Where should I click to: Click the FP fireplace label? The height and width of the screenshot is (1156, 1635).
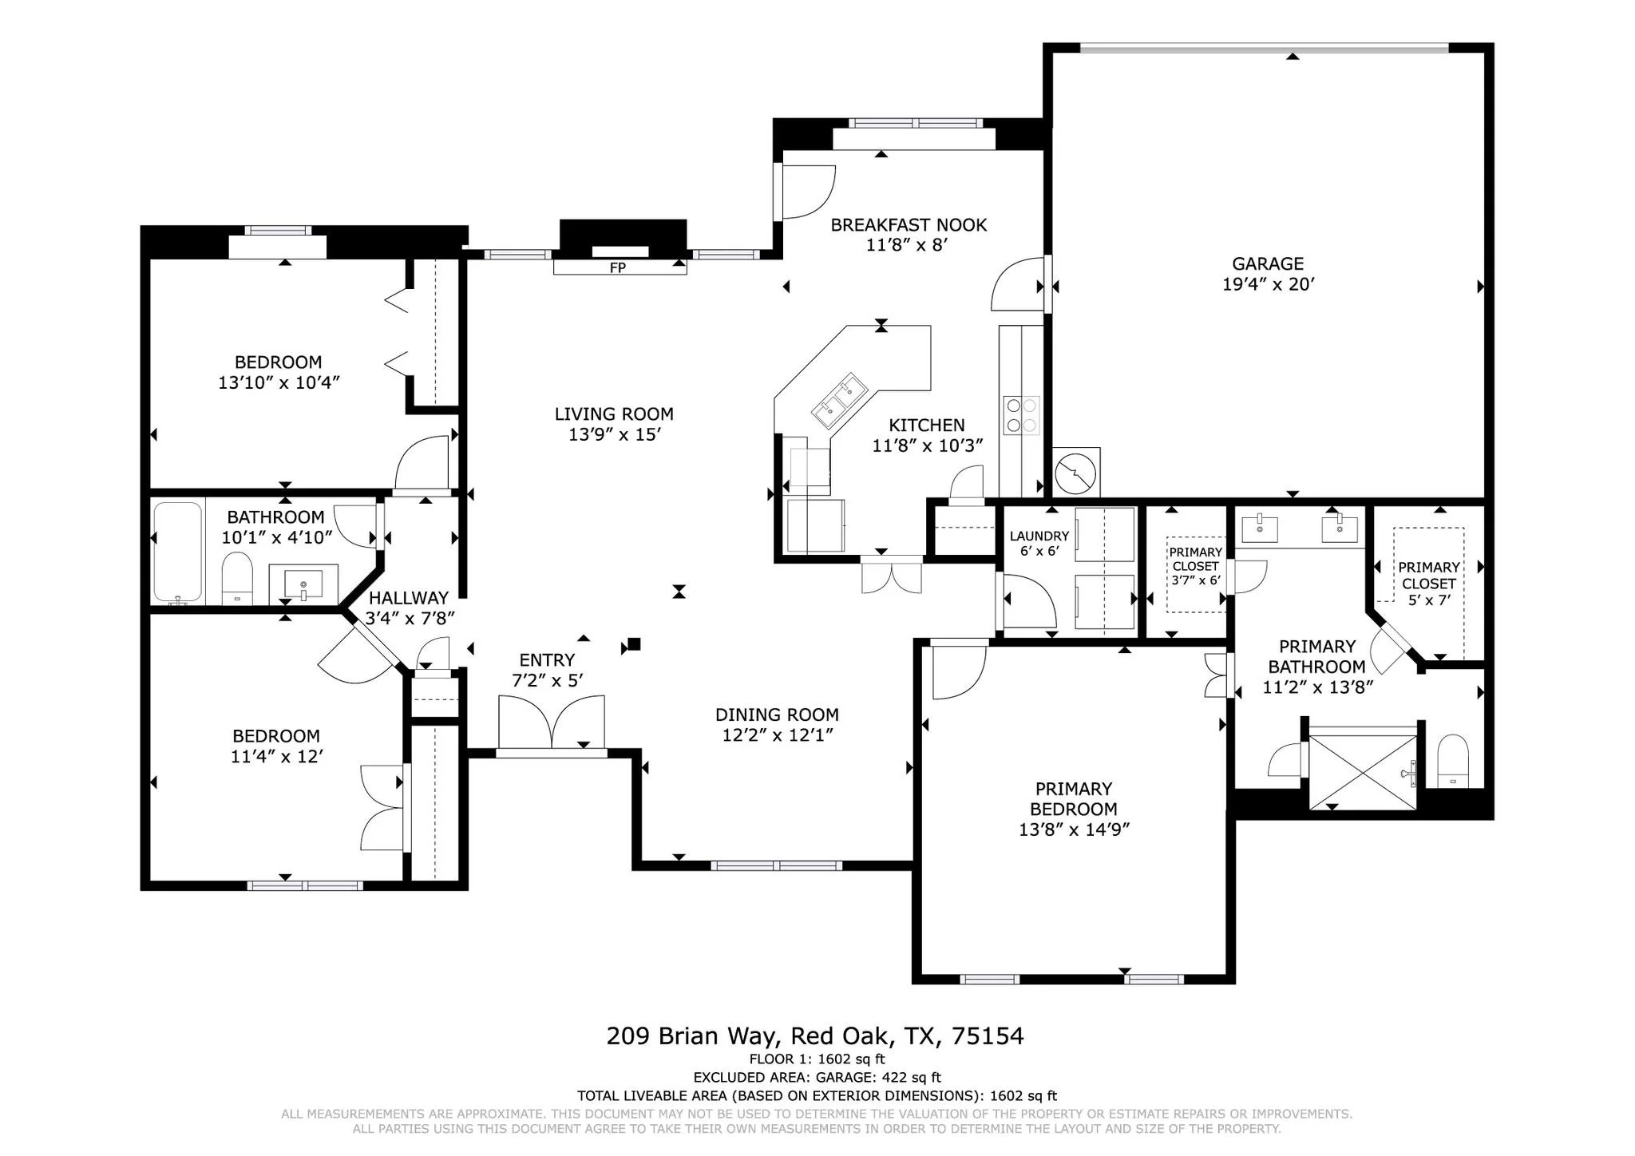click(x=617, y=268)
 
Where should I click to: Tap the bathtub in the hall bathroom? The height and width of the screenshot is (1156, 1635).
click(x=178, y=552)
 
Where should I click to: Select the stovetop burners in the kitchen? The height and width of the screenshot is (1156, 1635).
click(x=1022, y=415)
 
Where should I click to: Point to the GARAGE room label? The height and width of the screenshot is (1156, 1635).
click(x=1268, y=263)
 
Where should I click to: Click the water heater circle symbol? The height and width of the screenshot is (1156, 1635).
click(x=1075, y=473)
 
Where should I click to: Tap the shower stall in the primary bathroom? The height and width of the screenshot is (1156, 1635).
click(x=1363, y=769)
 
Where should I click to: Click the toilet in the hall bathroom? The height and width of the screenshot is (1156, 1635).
click(x=236, y=580)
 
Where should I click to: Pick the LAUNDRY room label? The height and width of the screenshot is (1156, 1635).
click(x=1039, y=536)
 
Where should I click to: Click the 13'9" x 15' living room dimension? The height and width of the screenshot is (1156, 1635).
click(x=614, y=435)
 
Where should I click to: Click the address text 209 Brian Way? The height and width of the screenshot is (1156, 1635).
click(x=691, y=1036)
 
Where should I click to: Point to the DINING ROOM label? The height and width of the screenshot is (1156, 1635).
click(x=777, y=715)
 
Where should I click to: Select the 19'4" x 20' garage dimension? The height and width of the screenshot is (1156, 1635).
click(x=1268, y=284)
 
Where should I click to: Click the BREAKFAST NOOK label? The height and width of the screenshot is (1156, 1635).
click(x=909, y=225)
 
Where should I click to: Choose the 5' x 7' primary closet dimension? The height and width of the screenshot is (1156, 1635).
click(x=1429, y=600)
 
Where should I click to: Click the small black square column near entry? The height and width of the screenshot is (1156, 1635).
click(x=634, y=643)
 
